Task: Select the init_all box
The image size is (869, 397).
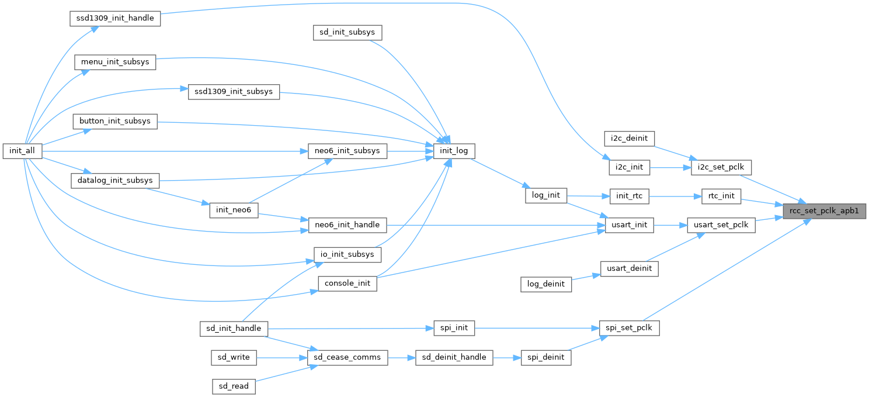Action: [x=22, y=151]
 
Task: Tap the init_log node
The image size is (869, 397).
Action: [x=454, y=151]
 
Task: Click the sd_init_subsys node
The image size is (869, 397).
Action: [x=347, y=33]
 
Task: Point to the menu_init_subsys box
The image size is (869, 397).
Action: [x=115, y=62]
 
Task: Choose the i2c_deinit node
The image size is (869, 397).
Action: [x=630, y=139]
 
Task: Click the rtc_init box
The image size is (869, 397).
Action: [x=721, y=196]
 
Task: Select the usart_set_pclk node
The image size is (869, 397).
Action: [x=721, y=225]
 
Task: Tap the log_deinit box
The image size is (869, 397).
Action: [x=545, y=284]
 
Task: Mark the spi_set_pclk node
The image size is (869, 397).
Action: [x=630, y=329]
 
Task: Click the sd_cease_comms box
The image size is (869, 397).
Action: [x=347, y=357]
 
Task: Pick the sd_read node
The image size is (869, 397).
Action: [x=234, y=386]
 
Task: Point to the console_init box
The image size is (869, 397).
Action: [x=347, y=284]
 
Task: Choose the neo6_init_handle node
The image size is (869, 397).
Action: [x=347, y=225]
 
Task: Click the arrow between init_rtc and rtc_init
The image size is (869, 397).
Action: [x=675, y=196]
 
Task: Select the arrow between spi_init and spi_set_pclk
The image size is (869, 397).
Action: [x=537, y=329]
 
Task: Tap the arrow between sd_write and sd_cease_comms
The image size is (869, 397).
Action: [x=281, y=357]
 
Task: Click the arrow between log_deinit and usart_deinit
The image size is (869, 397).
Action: [x=586, y=277]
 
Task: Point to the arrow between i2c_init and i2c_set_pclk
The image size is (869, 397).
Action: [x=670, y=167]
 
